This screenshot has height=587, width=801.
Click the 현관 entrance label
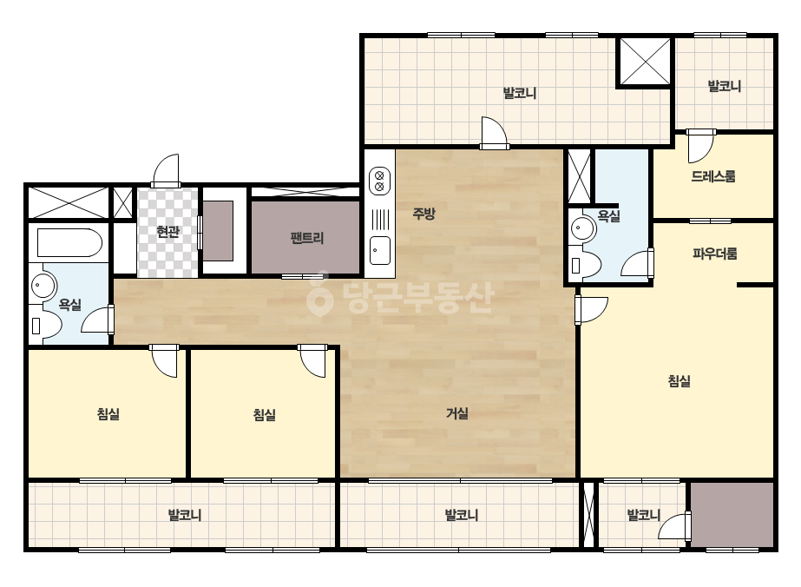(x=167, y=232)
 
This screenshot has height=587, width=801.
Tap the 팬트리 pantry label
(x=307, y=238)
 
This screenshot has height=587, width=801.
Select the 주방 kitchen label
(x=423, y=214)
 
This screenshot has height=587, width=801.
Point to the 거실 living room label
(x=457, y=413)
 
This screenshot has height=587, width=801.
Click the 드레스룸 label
(x=713, y=176)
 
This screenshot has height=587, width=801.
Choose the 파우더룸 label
(x=715, y=254)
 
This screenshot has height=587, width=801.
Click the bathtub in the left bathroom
(x=69, y=243)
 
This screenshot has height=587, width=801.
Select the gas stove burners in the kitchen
(x=379, y=181)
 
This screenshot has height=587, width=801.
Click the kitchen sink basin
(x=380, y=251)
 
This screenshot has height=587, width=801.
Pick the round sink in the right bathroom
(x=583, y=228)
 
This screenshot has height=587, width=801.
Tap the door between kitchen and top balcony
(x=494, y=133)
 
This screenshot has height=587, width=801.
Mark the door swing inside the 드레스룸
(x=700, y=146)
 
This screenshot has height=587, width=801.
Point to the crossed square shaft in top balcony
(x=645, y=61)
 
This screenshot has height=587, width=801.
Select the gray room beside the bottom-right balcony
(x=732, y=515)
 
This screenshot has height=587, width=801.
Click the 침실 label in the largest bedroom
(x=680, y=381)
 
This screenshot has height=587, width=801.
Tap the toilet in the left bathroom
(x=45, y=326)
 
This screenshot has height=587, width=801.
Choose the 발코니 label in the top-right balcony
(x=724, y=86)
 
